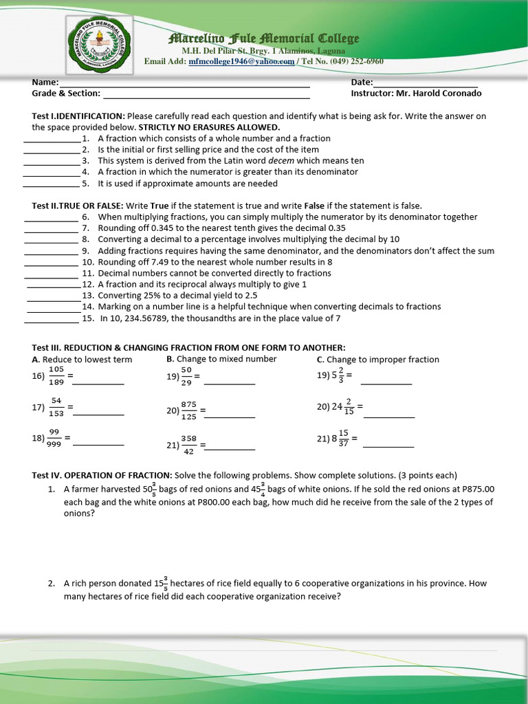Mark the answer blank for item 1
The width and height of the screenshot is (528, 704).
(52, 141)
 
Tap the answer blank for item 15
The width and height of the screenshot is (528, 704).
(52, 321)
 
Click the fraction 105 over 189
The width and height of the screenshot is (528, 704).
(56, 376)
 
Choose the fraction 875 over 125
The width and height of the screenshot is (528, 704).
(188, 410)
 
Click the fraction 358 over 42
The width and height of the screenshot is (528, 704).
(188, 445)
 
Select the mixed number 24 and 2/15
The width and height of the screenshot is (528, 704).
(343, 407)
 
